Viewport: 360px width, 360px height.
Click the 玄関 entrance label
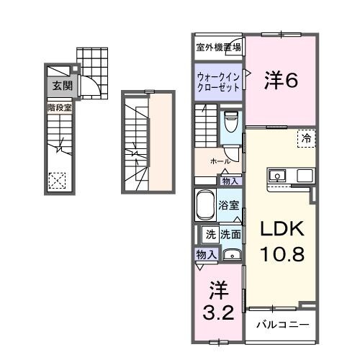click(61, 86)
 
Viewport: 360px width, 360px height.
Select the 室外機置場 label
click(219, 48)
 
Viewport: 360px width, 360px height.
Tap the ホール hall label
click(220, 162)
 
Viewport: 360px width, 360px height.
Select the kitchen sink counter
click(290, 176)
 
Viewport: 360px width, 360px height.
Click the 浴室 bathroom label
click(229, 204)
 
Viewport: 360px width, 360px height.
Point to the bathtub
click(206, 205)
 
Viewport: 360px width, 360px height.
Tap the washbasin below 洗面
click(231, 254)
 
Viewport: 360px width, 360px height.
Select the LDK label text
click(278, 229)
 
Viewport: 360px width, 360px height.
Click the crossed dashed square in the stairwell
click(57, 180)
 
